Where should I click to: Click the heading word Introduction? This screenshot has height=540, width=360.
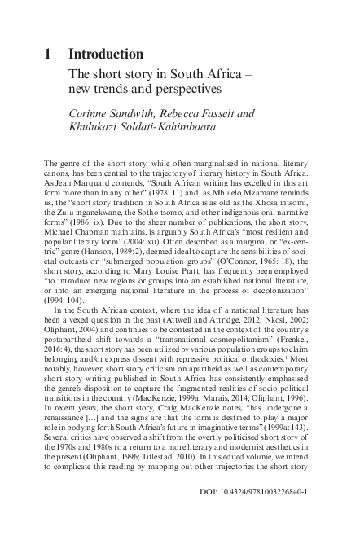106,55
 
